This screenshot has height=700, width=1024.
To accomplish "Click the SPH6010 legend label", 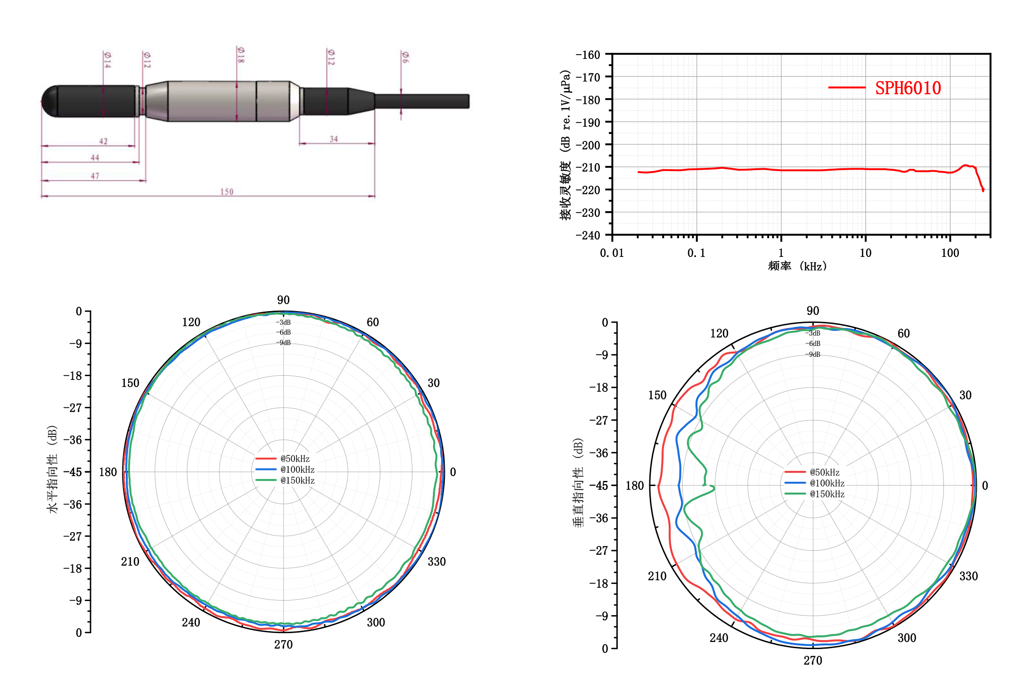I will pyautogui.click(x=908, y=88).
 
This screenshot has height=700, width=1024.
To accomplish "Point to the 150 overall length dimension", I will pyautogui.click(x=227, y=192).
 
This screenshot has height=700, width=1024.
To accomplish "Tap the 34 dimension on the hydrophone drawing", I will pyautogui.click(x=334, y=139).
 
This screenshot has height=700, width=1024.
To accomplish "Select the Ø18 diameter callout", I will pyautogui.click(x=241, y=55).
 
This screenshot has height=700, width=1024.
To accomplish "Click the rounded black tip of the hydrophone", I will pyautogui.click(x=49, y=101).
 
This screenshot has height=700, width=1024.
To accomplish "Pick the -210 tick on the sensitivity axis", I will pyautogui.click(x=588, y=167).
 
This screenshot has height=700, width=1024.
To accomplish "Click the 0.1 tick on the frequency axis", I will pyautogui.click(x=696, y=253).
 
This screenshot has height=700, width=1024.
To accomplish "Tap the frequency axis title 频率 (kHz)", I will pyautogui.click(x=797, y=266).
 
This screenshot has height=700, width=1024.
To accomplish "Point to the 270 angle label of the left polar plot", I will pyautogui.click(x=283, y=644).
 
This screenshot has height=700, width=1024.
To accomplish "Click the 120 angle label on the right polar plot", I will pyautogui.click(x=719, y=334).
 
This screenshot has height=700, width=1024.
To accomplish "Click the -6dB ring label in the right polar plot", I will pyautogui.click(x=813, y=344).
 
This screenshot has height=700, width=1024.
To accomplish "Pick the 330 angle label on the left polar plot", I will pyautogui.click(x=436, y=561).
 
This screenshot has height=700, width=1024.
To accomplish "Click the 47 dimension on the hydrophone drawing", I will pyautogui.click(x=95, y=176).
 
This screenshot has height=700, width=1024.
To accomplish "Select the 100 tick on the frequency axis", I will pyautogui.click(x=950, y=253).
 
